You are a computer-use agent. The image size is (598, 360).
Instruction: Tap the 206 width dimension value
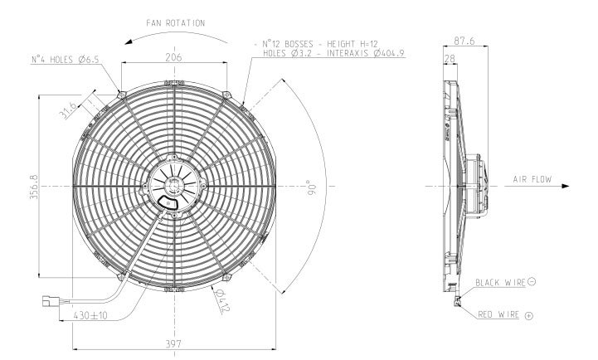pos(172,56)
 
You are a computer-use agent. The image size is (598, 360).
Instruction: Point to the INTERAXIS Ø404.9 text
pos(371,53)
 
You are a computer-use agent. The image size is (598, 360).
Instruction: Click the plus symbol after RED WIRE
pos(528,316)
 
